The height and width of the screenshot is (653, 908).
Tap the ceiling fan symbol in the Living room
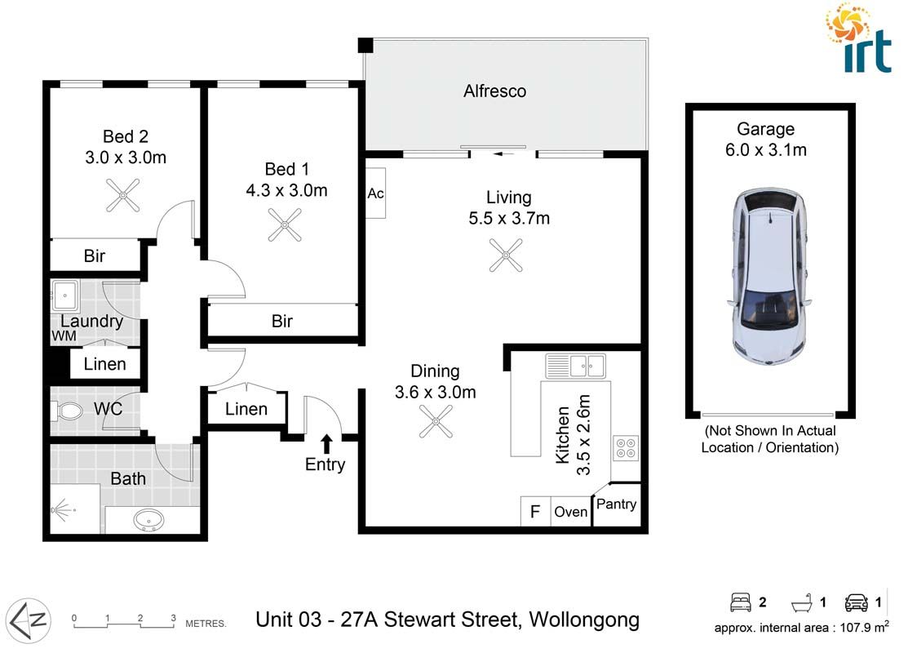tap(506, 255)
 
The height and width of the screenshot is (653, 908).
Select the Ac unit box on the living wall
tap(376, 194)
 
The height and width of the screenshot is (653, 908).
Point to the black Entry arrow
tap(326, 443)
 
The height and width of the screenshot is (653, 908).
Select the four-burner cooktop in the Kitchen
tap(626, 448)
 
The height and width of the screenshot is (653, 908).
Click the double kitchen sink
tap(576, 366)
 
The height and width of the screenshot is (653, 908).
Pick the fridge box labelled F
tap(535, 512)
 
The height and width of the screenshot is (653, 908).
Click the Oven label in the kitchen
tap(570, 512)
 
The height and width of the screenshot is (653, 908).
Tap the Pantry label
tap(616, 504)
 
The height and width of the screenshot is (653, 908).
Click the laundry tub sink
tap(64, 293)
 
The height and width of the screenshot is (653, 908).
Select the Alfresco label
tap(494, 91)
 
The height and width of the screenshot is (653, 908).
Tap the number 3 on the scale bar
tap(173, 618)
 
